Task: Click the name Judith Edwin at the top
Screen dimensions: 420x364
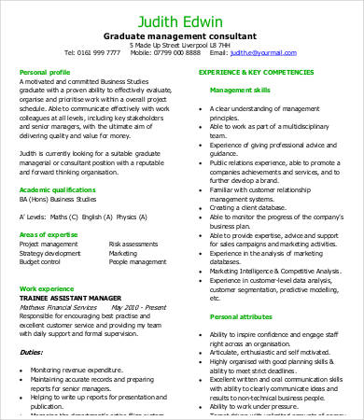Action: point(181,20)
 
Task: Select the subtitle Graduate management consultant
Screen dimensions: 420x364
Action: point(181,35)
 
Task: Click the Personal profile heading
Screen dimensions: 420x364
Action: point(45,71)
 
